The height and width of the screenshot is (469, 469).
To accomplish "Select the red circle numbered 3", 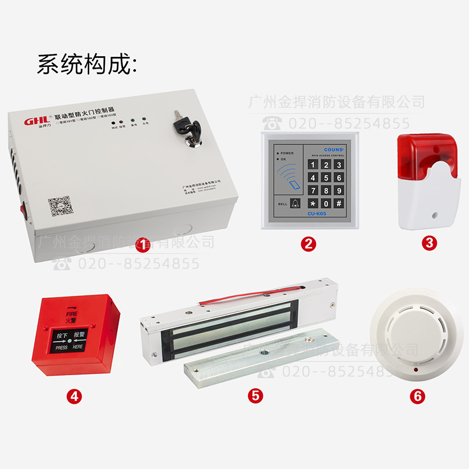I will (431, 243).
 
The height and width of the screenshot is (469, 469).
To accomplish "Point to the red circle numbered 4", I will (74, 396).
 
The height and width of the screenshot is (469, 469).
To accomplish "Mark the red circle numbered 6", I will (417, 396).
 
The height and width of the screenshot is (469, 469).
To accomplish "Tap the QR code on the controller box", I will (60, 206).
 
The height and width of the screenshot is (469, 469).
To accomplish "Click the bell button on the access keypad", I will (294, 203).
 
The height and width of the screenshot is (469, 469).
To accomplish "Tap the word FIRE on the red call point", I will (72, 315).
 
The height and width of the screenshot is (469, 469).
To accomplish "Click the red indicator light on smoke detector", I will (416, 371).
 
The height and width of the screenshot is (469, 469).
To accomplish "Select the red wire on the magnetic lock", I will (246, 296).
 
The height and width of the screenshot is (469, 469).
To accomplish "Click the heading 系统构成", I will (88, 64).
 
